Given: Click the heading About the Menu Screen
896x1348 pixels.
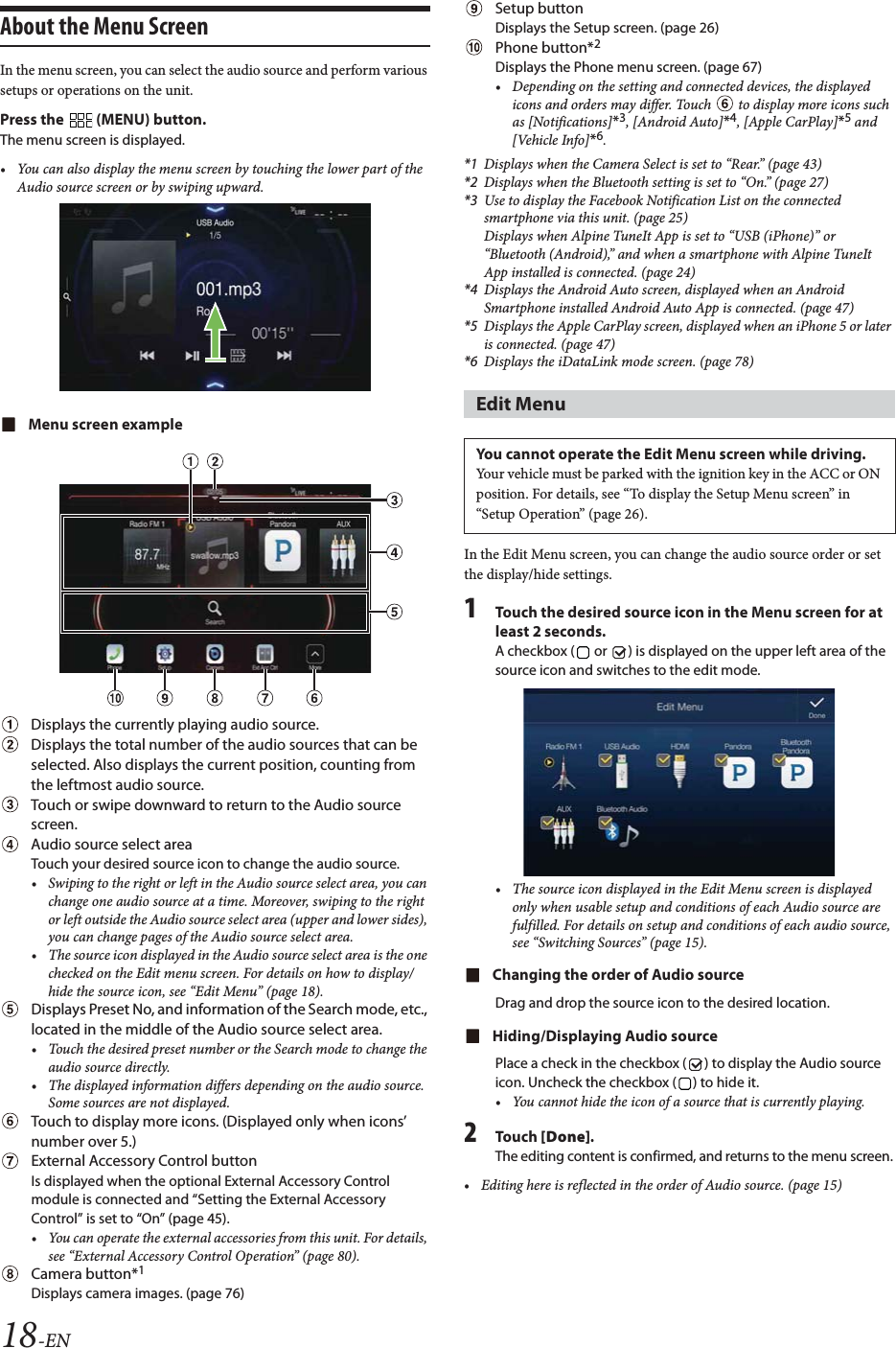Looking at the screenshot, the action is click(104, 27).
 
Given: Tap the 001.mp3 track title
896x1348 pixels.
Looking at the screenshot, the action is click(228, 289).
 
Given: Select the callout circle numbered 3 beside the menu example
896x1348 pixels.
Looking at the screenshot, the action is click(394, 500).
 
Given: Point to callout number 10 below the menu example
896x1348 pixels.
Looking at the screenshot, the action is click(115, 698).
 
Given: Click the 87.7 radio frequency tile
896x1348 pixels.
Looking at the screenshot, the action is click(148, 555).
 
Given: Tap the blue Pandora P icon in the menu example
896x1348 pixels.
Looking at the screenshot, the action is click(283, 553).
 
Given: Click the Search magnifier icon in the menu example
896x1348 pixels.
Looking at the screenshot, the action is click(215, 609).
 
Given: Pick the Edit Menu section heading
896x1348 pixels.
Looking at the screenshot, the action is click(520, 405).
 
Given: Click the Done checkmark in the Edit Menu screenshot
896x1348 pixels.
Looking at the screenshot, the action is click(816, 706).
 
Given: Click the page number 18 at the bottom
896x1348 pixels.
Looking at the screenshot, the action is click(20, 1334).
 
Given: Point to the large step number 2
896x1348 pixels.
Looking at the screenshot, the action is click(471, 1133).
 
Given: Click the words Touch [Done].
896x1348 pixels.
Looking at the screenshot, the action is click(544, 1136).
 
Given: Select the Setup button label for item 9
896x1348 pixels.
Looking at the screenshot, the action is click(539, 9).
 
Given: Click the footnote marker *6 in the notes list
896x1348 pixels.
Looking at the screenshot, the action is click(471, 361).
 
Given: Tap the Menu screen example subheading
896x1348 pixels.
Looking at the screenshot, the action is click(105, 425).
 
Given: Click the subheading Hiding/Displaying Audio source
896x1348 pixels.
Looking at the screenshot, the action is click(605, 1036).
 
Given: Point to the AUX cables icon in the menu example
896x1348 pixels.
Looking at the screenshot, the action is click(343, 554).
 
